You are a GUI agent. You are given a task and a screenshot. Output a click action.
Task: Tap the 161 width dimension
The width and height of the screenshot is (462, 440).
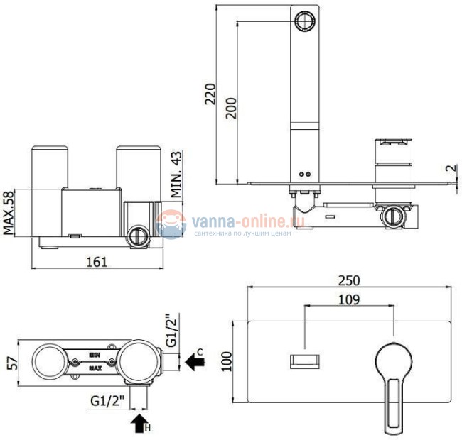(98, 262)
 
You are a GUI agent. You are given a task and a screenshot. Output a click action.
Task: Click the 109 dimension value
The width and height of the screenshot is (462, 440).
(348, 299)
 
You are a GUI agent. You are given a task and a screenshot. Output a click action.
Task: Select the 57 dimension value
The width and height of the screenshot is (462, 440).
(12, 363)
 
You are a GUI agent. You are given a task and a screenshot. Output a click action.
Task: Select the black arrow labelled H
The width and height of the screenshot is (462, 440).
(137, 424)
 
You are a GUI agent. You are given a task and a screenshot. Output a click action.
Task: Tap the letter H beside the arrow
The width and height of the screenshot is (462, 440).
(147, 429)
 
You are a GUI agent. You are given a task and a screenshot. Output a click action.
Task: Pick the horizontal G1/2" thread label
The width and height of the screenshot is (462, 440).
(108, 401)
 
